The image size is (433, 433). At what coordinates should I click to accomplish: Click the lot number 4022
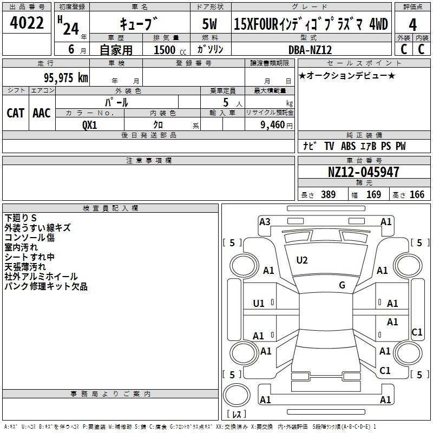(27, 23)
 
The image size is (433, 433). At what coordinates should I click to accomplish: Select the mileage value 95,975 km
(66, 77)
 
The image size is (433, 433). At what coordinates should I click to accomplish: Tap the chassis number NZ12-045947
(363, 172)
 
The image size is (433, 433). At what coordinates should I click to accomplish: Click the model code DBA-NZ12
(310, 50)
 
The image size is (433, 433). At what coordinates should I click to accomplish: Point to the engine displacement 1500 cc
(170, 50)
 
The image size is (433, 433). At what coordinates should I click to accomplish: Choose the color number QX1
(90, 125)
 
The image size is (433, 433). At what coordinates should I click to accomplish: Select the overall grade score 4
(412, 24)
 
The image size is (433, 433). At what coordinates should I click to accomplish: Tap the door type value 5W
(209, 24)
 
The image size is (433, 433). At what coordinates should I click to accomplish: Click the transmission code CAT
(16, 113)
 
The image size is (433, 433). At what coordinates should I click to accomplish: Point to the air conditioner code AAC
(42, 113)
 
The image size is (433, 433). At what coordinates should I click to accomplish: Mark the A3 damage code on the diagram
(265, 222)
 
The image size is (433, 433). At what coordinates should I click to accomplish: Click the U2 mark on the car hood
(302, 260)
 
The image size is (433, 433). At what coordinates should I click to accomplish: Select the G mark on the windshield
(342, 285)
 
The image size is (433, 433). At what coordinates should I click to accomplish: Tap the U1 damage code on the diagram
(259, 304)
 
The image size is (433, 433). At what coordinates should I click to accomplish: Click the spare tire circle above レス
(237, 396)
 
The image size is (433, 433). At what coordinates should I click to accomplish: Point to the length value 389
(329, 195)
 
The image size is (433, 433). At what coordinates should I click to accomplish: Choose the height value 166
(417, 195)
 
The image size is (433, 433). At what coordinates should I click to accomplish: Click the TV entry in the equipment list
(329, 146)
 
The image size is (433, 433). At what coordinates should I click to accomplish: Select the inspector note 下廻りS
(21, 218)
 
